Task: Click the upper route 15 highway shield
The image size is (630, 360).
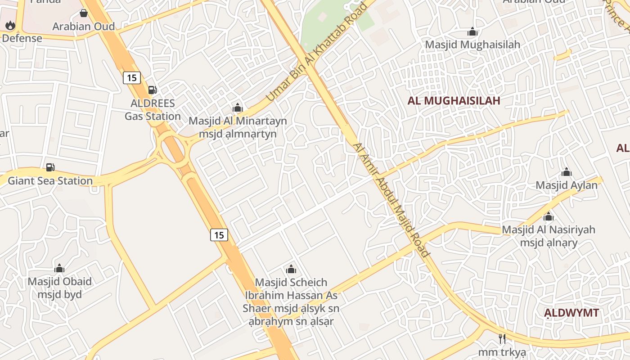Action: coord(131,78)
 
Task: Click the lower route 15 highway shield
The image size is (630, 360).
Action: coord(219,234)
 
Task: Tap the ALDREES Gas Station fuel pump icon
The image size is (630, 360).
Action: coord(153,90)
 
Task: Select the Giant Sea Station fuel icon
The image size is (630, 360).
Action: coord(50,167)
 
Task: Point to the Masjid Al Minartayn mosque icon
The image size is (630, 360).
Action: coord(237,108)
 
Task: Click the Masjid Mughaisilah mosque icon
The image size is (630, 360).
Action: coord(472,31)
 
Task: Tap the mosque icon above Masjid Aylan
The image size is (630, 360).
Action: coord(566,172)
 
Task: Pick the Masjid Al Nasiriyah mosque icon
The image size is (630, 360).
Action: coord(548,216)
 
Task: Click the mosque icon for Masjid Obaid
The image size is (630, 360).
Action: coord(59,269)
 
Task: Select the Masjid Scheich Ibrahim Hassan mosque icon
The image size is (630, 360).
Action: coord(291,269)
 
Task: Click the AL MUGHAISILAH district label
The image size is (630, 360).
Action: coord(454,100)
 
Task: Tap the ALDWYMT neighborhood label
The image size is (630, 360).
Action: coord(571,313)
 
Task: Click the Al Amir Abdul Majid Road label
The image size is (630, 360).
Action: coord(391,200)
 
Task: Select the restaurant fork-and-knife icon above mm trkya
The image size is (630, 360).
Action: coord(502,338)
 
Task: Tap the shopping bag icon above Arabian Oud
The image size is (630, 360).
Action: coord(83,13)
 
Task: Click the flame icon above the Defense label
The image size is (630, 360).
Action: coord(10,25)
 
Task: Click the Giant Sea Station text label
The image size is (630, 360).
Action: coord(50,181)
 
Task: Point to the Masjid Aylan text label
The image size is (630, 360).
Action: coord(566,185)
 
